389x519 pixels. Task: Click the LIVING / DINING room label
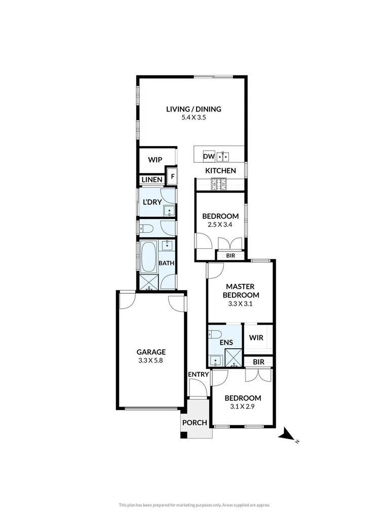[194, 109]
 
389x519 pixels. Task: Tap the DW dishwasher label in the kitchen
[209, 157]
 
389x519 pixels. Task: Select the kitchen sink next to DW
[223, 156]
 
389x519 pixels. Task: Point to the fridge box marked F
[172, 177]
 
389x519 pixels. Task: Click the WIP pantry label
[155, 160]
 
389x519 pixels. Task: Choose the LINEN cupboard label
[152, 180]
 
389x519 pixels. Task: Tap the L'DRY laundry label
[152, 202]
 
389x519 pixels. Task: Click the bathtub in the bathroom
[148, 257]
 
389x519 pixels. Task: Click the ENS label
[226, 343]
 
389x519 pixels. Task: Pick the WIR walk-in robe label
[256, 338]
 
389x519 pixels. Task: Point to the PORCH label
[194, 423]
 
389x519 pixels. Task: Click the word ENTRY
[198, 374]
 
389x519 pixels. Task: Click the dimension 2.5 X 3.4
[221, 225]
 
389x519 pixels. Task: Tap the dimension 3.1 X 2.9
[243, 406]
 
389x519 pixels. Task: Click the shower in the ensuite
[233, 358]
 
